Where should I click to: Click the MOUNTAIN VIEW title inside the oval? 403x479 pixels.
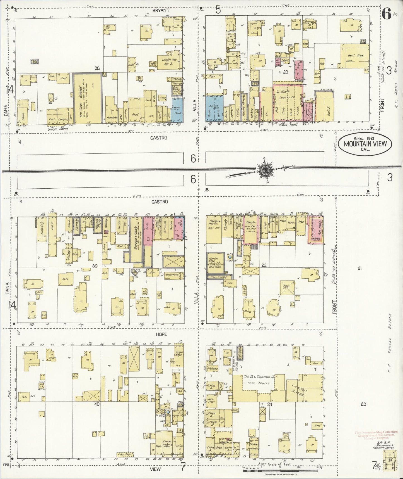pyautogui.click(x=365, y=144)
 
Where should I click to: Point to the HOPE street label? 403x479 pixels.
pyautogui.click(x=161, y=334)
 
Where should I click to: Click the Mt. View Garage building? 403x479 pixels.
pyautogui.click(x=87, y=98)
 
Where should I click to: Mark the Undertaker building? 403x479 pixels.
pyautogui.click(x=172, y=275)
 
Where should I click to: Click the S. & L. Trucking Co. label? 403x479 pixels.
pyautogui.click(x=260, y=377)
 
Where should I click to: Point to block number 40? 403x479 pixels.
pyautogui.click(x=97, y=404)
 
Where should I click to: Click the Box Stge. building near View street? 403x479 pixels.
pyautogui.click(x=125, y=454)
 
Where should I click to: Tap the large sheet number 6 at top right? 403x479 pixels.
pyautogui.click(x=386, y=14)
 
